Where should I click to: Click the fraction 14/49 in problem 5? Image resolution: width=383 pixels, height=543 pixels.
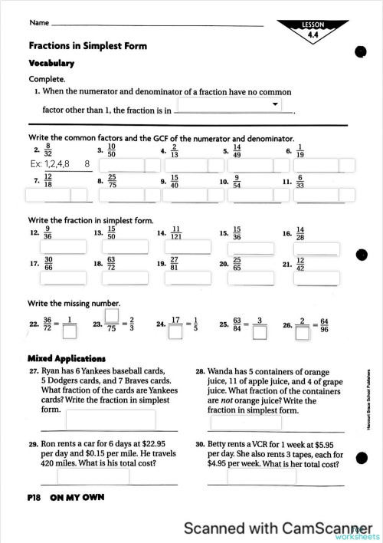pos(237,150)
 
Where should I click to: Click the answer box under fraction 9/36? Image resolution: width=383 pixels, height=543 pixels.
pos(57,246)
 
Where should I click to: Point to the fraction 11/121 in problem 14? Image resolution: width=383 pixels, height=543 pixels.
pos(175,232)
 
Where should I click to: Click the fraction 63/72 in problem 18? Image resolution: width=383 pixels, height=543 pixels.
pos(111,265)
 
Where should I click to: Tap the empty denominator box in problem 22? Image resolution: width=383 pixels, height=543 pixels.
pos(70,333)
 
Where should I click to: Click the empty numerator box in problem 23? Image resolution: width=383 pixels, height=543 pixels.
pos(112,315)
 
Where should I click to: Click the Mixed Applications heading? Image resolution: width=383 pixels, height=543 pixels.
pos(66,358)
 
